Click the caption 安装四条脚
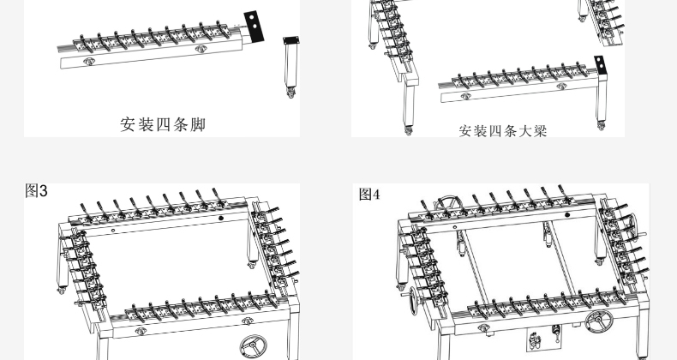(x=163, y=124)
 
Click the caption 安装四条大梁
(x=502, y=131)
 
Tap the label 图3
(x=37, y=190)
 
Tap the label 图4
(x=369, y=195)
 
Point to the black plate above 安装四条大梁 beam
(x=601, y=63)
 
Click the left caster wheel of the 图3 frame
(x=59, y=291)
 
